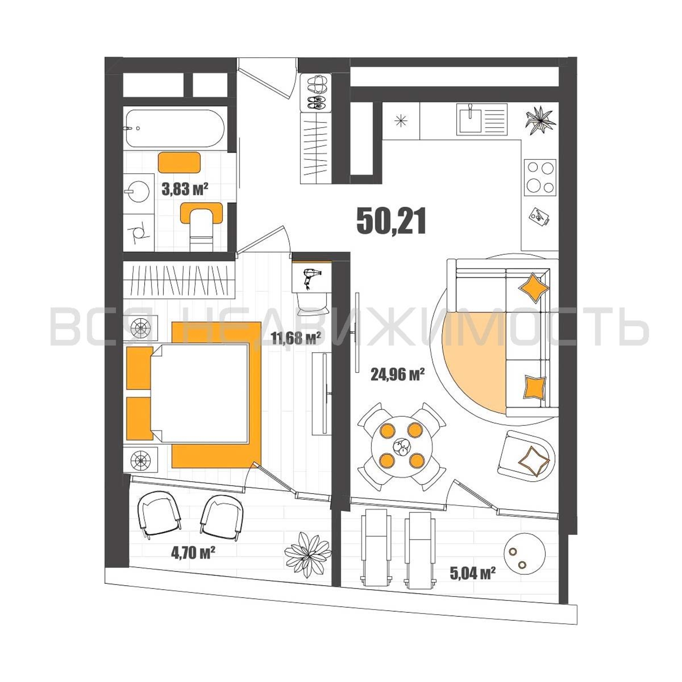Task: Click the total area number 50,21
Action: pos(391,221)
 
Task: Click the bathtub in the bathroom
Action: pos(175,129)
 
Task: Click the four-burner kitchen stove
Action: pos(540,177)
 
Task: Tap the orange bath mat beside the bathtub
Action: pos(179,162)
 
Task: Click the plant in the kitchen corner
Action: pos(539,120)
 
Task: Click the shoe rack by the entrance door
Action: pos(316,92)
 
